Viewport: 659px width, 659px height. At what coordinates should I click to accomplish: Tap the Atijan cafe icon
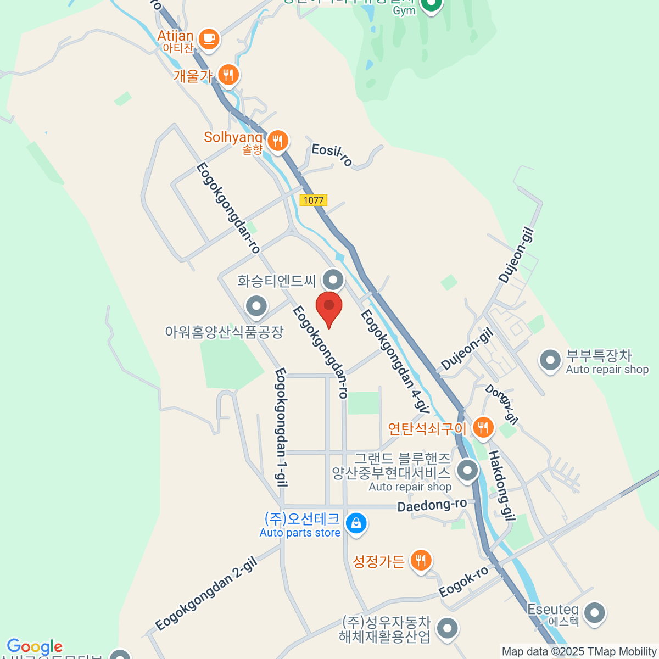[x=208, y=38]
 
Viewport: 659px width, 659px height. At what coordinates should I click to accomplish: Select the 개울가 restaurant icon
[x=228, y=74]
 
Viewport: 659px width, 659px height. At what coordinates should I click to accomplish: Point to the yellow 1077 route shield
[x=314, y=200]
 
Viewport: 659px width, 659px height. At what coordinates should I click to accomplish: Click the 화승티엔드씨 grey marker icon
[x=333, y=280]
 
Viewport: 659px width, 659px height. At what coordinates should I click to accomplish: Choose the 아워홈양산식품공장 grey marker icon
[x=256, y=306]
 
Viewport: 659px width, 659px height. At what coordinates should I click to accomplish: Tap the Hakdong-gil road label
[x=502, y=485]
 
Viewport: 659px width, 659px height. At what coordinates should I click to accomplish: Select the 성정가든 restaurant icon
[x=421, y=560]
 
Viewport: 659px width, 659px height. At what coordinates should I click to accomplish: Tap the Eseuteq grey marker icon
[x=595, y=613]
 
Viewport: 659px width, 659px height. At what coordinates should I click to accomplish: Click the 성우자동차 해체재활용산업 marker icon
[x=448, y=628]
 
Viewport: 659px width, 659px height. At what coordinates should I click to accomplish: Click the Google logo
[x=35, y=647]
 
